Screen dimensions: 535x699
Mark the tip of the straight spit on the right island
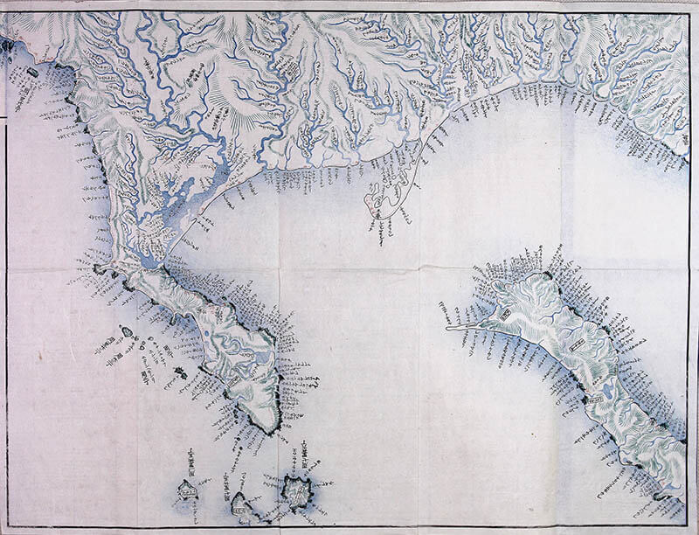pyautogui.click(x=446, y=329)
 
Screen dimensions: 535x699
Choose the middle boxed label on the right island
pyautogui.click(x=576, y=346)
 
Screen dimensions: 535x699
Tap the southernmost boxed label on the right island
pyautogui.click(x=596, y=400)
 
